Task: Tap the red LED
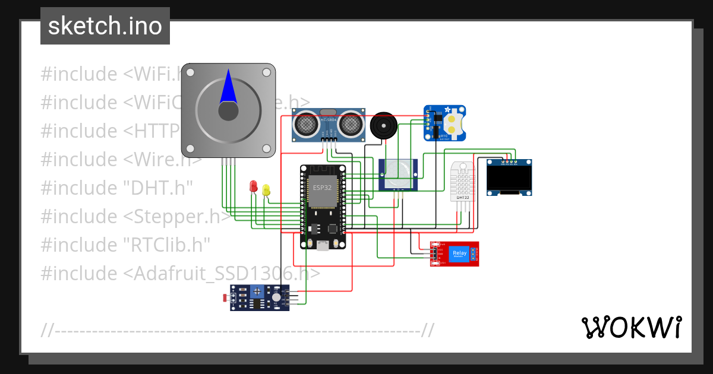tap(254, 186)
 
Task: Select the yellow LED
tap(266, 190)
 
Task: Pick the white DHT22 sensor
tap(463, 181)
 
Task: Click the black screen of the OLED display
tap(509, 177)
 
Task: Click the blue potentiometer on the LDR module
tap(258, 291)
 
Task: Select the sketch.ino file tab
tap(105, 26)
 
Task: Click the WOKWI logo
tap(631, 328)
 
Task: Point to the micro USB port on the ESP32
tap(323, 245)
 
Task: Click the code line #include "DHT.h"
tap(117, 188)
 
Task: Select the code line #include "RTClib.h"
tap(125, 245)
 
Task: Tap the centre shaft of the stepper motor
tap(228, 111)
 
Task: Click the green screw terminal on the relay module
tap(474, 254)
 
